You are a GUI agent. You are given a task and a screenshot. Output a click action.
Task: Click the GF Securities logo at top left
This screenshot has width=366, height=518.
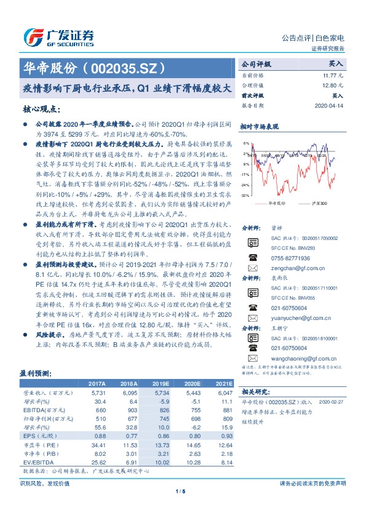pos(58,37)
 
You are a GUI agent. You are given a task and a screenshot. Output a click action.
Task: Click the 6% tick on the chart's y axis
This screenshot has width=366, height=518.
pos(246,143)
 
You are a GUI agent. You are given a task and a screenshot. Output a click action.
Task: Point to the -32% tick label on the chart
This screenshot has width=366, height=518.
pos(245,195)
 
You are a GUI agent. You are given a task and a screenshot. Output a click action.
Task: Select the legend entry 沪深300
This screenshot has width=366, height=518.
pos(319,202)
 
